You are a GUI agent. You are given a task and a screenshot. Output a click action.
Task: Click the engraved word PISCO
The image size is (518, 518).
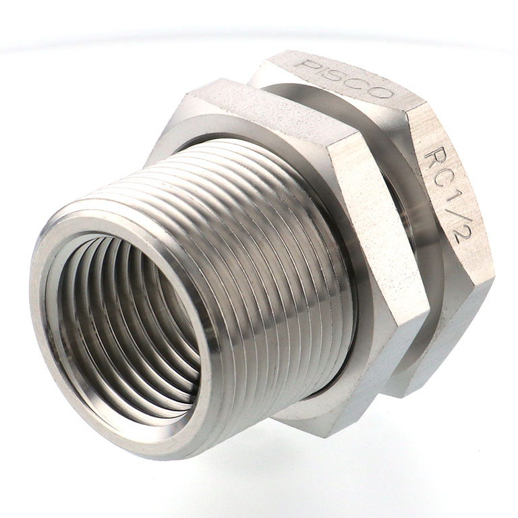coord(344,79)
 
